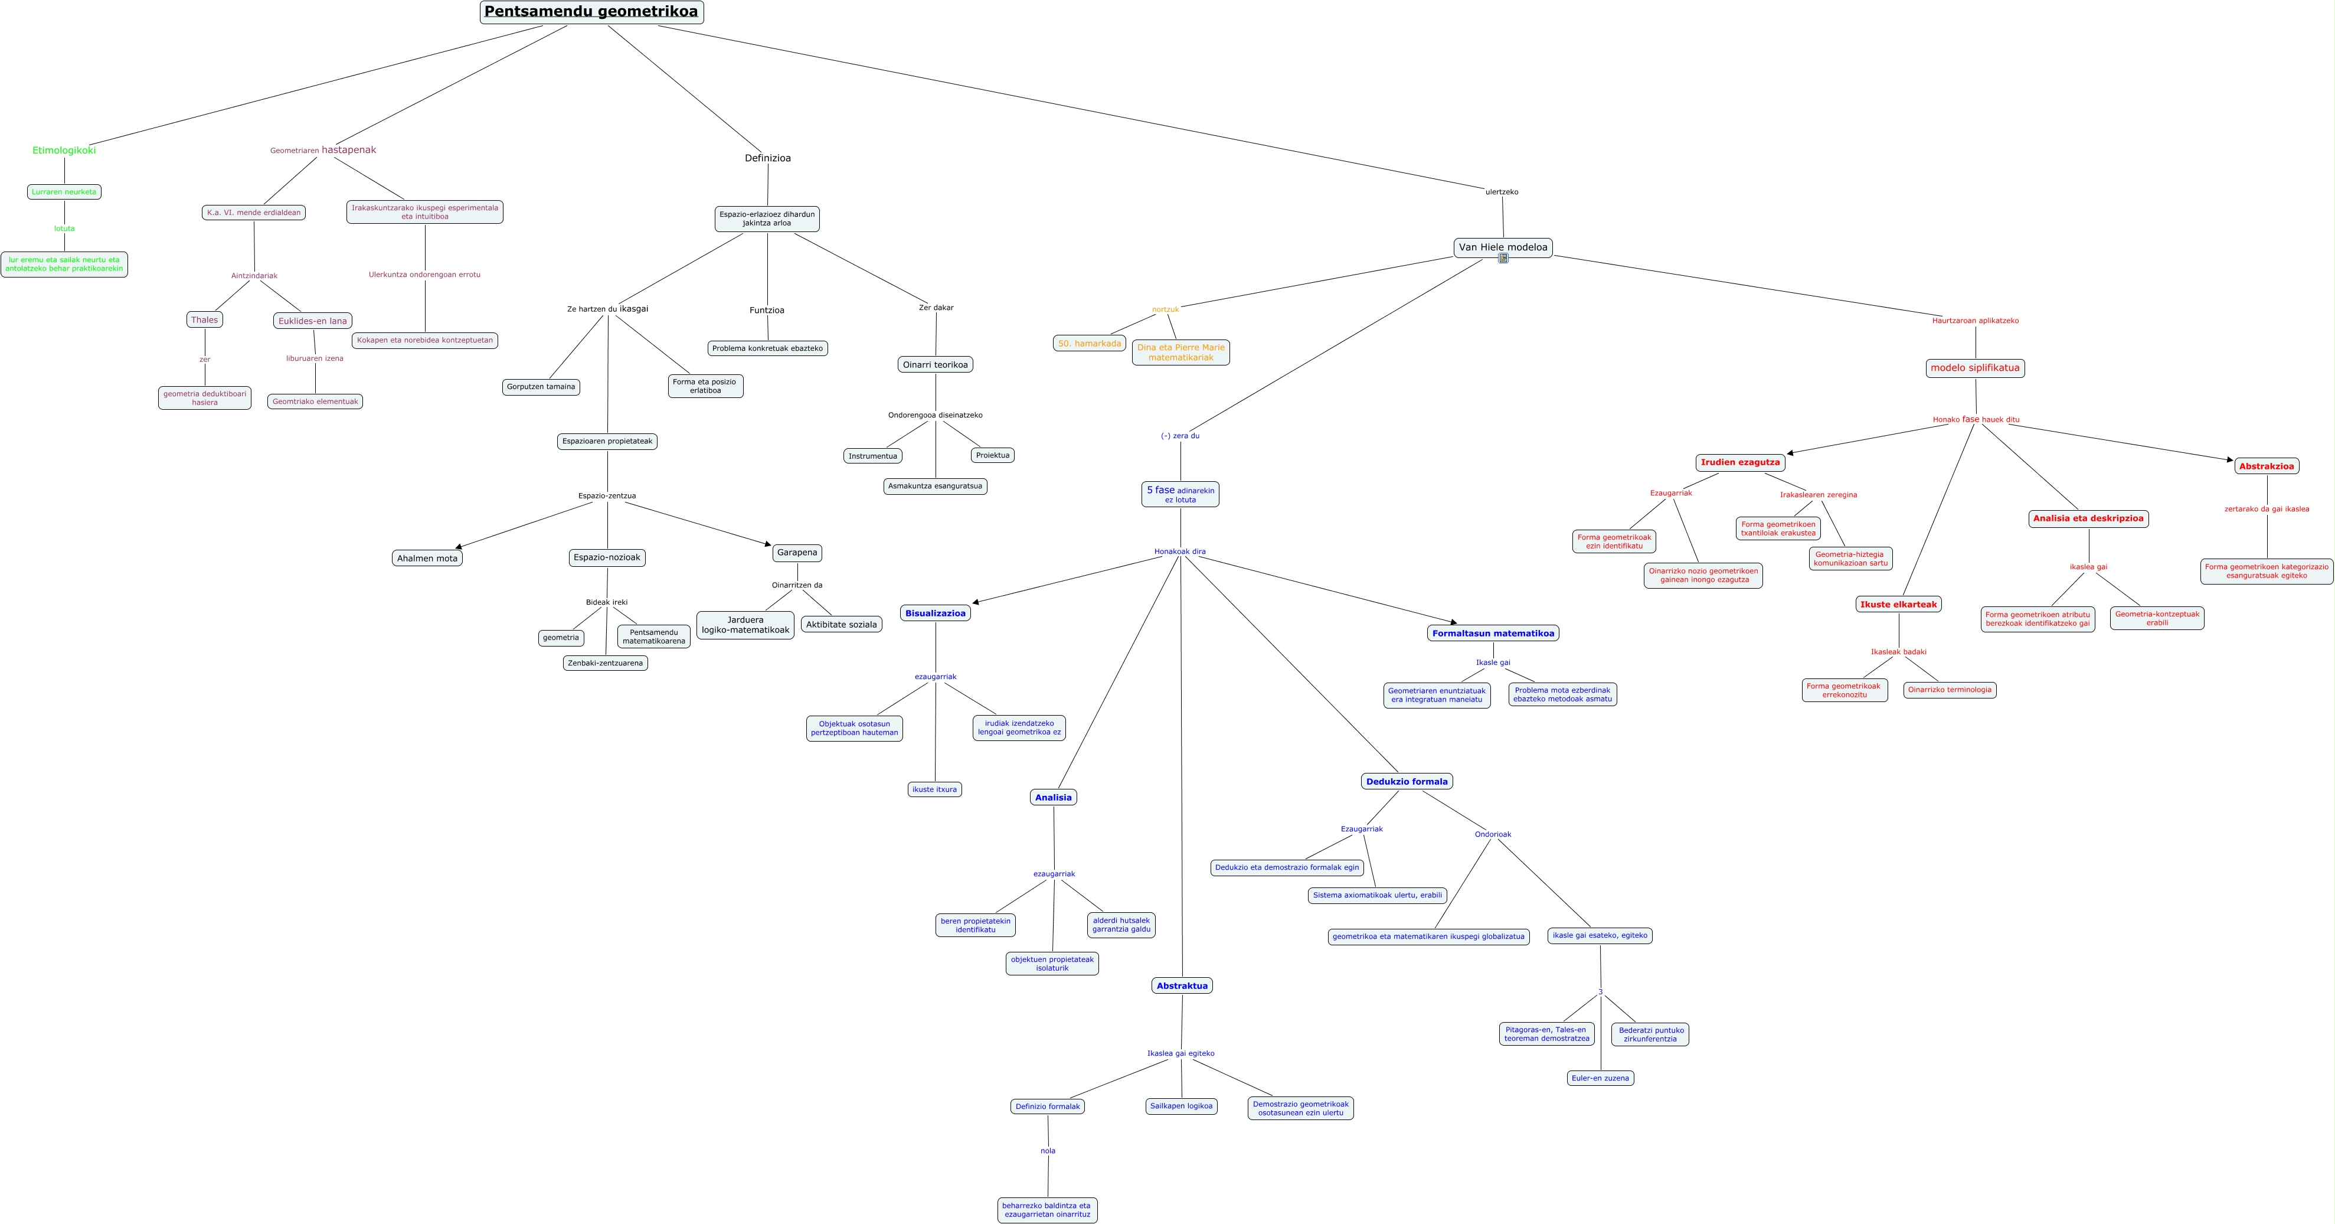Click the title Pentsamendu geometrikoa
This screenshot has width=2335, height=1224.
tap(591, 12)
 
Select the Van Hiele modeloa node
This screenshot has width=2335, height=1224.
tap(1503, 247)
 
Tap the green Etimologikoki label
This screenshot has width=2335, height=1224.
tap(64, 151)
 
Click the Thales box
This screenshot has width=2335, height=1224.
tap(204, 319)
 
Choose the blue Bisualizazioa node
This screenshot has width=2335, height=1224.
tap(936, 613)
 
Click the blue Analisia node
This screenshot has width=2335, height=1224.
tap(1052, 798)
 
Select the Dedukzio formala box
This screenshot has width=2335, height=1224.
tap(1406, 782)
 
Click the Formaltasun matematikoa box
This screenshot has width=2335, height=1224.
tap(1492, 634)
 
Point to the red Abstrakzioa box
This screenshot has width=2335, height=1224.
tap(2265, 466)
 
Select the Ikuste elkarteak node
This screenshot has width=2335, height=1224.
tap(1898, 605)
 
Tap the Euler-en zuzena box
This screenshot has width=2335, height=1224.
tap(1600, 1078)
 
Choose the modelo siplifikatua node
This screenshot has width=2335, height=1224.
tap(1975, 368)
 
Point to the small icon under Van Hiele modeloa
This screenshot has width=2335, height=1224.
tap(1503, 259)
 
